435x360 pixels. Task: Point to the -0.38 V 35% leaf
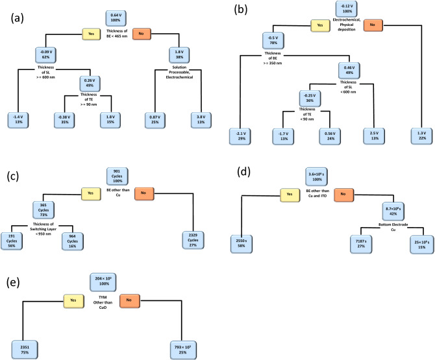tap(63, 119)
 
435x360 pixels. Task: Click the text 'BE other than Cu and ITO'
tap(323, 194)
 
